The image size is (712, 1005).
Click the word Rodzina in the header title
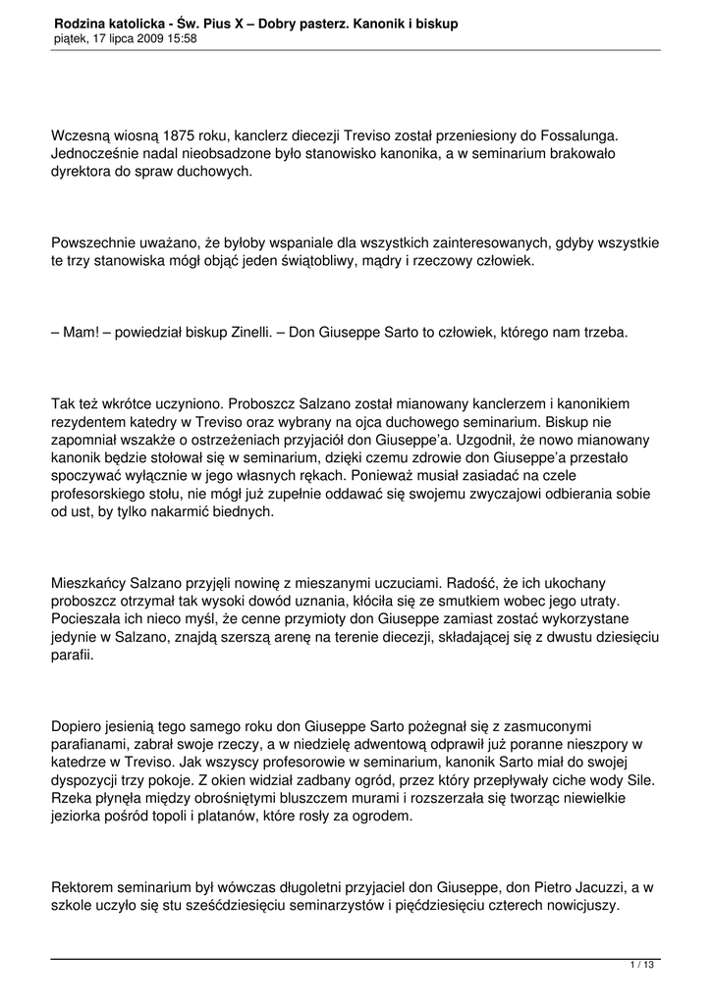coord(82,22)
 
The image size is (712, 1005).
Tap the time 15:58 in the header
coord(179,38)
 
